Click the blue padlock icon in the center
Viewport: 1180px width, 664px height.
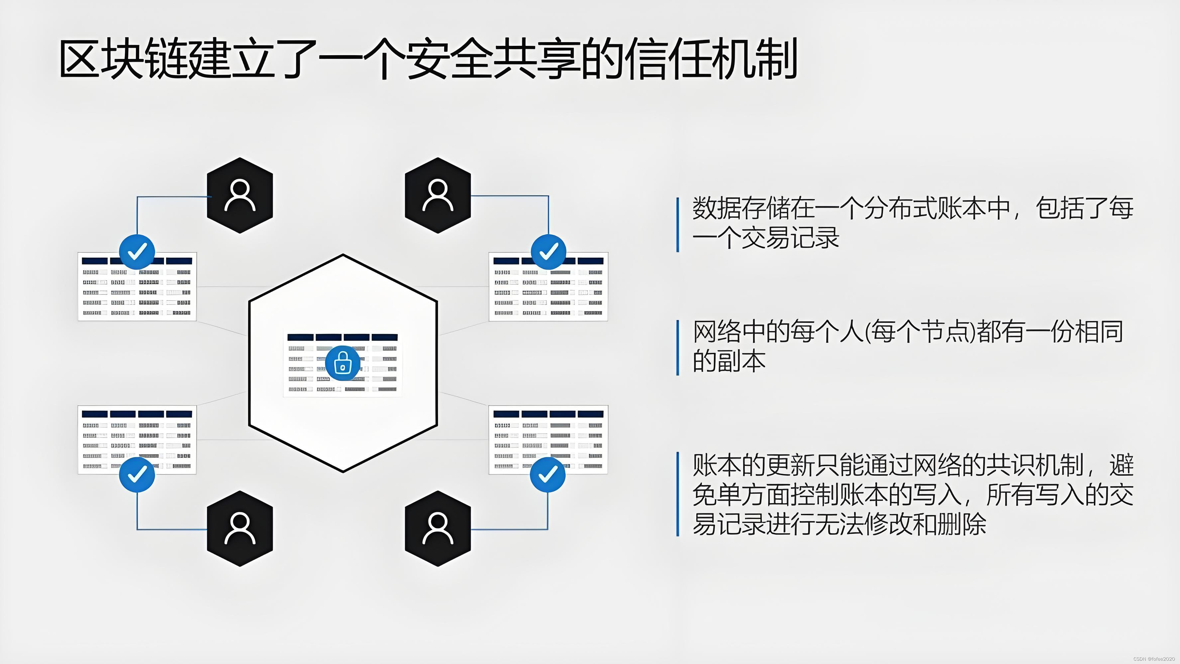point(342,363)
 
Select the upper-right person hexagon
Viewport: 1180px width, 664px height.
point(438,195)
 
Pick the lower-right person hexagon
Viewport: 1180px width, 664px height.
point(438,529)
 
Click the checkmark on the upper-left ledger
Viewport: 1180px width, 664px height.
point(137,251)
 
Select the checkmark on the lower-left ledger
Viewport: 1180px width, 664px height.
point(137,474)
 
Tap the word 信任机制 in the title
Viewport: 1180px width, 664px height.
point(710,59)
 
